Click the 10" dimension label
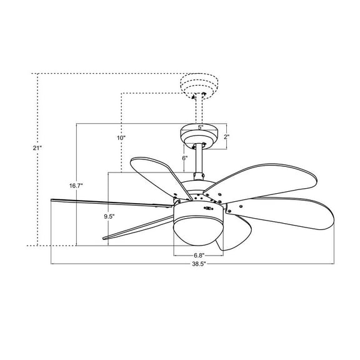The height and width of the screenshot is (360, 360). tap(121, 137)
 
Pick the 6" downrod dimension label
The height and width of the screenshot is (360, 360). tap(184, 158)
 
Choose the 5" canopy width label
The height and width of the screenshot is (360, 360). tap(201, 127)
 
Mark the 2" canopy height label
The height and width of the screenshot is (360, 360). tap(227, 136)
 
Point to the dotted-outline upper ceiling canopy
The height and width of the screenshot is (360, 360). tap(199, 85)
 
